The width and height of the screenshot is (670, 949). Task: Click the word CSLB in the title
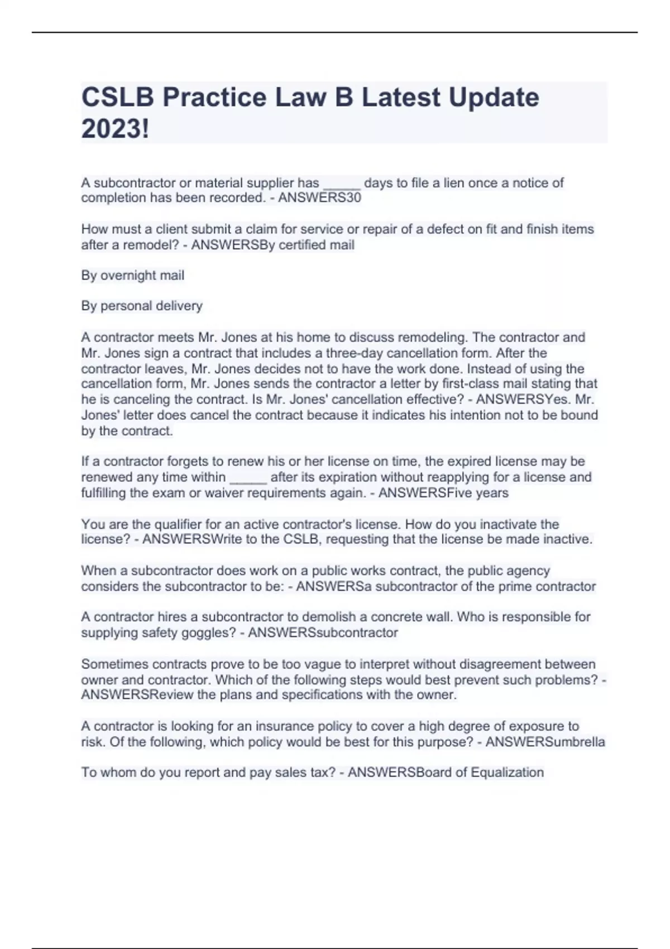pyautogui.click(x=117, y=98)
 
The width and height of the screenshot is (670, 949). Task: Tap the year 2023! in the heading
pyautogui.click(x=115, y=129)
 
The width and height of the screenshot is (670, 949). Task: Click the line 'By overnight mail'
pyautogui.click(x=132, y=275)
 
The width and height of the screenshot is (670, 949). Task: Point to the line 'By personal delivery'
pyautogui.click(x=142, y=306)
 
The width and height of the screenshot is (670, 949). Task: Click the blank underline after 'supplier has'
pyautogui.click(x=342, y=184)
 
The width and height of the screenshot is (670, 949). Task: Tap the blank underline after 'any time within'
pyautogui.click(x=248, y=479)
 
